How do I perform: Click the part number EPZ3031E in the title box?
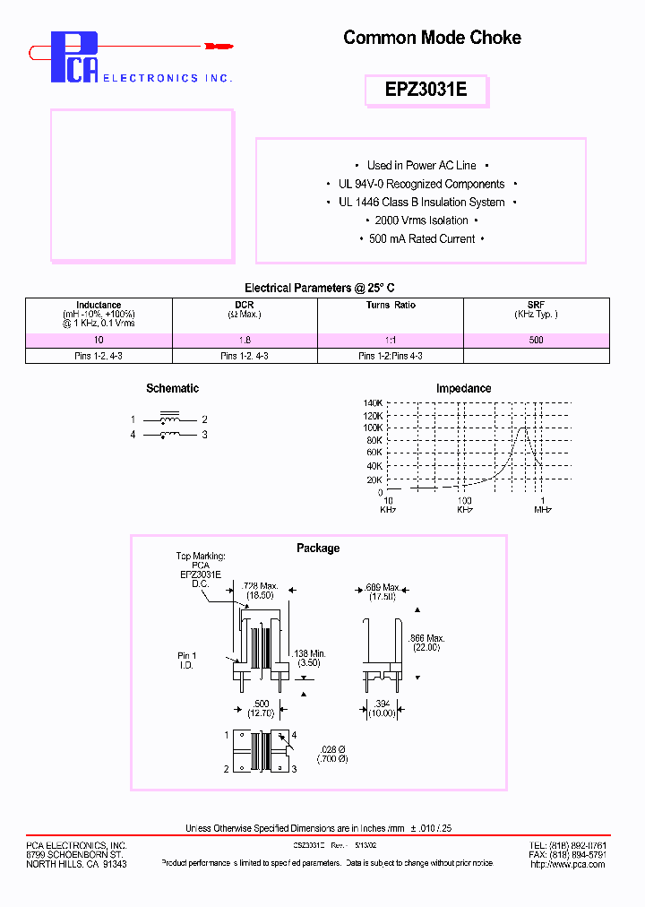coord(426,91)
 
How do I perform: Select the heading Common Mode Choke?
coord(432,38)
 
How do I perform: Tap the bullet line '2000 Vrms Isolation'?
coord(421,220)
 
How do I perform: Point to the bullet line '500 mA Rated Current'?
coord(421,239)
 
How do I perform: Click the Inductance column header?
coord(99,306)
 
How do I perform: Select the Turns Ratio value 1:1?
coord(390,341)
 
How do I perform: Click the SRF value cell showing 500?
coord(536,341)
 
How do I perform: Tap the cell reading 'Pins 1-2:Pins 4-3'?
coord(390,356)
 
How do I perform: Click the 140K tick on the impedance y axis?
coord(373,403)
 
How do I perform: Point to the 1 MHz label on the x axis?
coord(543,505)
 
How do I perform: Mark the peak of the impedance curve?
coord(525,428)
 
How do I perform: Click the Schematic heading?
coord(172,388)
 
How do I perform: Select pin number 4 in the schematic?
coord(133,435)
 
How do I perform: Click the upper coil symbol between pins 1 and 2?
coord(168,419)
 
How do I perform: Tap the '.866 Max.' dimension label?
coord(426,638)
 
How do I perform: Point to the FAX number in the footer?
coord(568,855)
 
